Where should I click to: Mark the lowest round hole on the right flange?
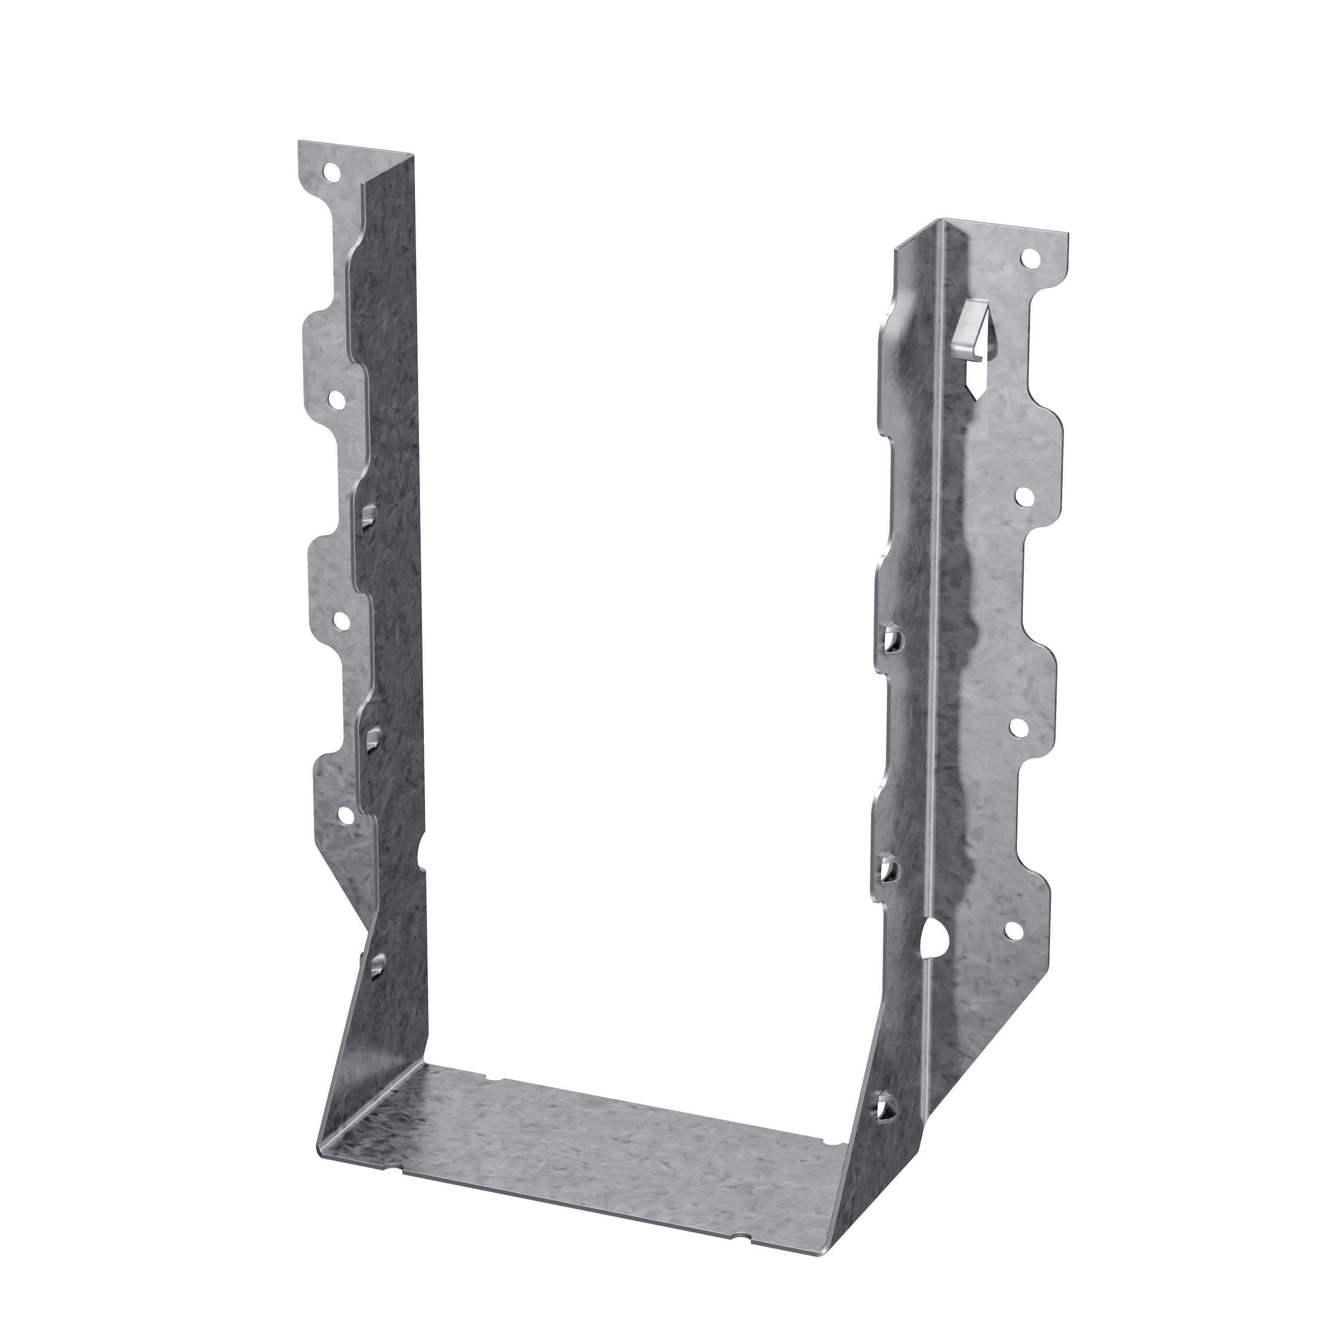(1010, 930)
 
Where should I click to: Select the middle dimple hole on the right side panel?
(887, 870)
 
